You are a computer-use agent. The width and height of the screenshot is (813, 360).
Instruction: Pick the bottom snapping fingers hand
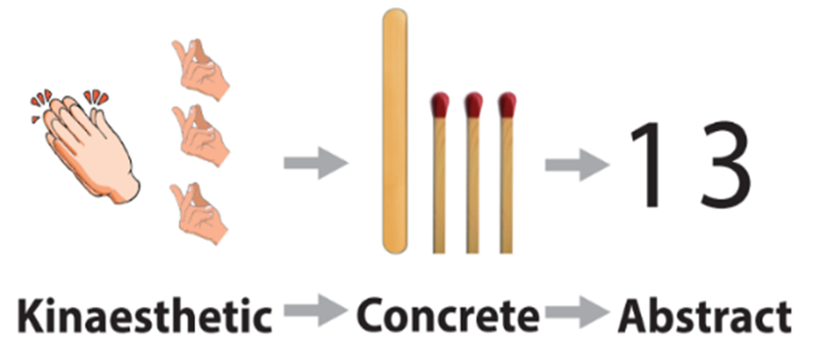click(x=200, y=213)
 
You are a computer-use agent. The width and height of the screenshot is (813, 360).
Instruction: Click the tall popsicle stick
click(x=395, y=131)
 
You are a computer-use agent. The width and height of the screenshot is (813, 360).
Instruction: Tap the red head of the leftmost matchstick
click(x=439, y=106)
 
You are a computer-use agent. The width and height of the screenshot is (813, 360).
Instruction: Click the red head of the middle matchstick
click(x=473, y=106)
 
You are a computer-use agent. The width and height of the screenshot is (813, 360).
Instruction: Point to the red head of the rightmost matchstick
click(x=507, y=106)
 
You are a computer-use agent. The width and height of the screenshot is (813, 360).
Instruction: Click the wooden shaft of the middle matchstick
click(x=472, y=186)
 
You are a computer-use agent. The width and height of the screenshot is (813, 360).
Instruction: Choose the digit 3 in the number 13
click(x=724, y=166)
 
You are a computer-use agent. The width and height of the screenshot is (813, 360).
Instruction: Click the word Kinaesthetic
click(x=145, y=315)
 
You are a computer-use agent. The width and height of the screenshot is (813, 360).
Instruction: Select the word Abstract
click(x=705, y=315)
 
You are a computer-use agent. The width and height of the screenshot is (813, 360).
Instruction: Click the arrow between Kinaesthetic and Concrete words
click(x=316, y=311)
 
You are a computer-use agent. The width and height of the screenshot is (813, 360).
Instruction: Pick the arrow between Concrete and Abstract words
click(x=577, y=311)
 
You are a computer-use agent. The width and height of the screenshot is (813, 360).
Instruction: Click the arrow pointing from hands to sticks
click(x=316, y=163)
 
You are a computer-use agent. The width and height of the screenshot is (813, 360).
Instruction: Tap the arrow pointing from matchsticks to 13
click(x=577, y=165)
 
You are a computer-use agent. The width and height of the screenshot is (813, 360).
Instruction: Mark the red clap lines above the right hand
click(x=96, y=97)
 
